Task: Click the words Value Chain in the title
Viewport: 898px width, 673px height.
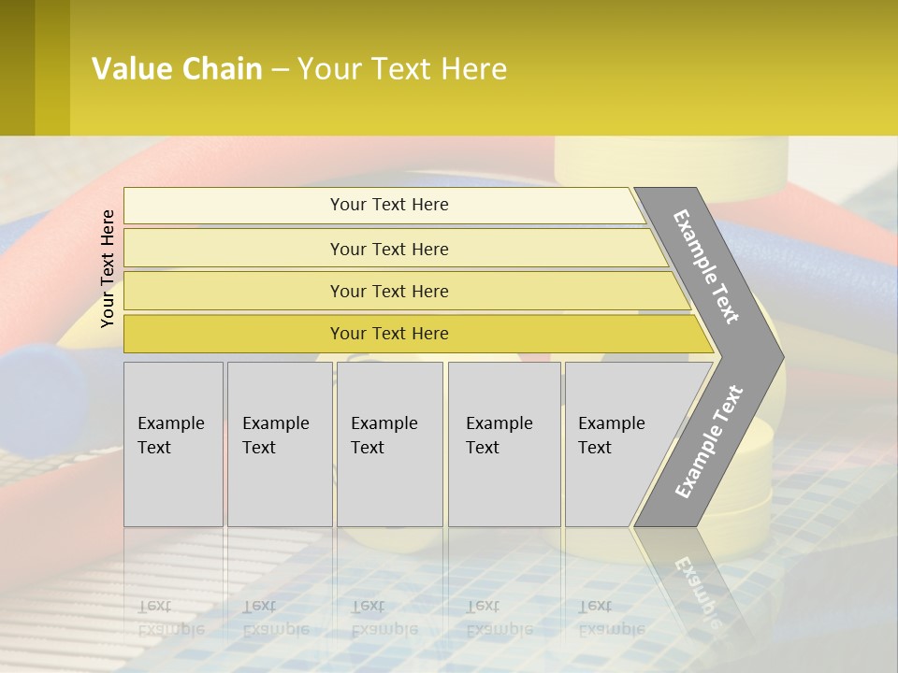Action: point(177,69)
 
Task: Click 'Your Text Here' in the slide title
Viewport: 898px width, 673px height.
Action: point(402,69)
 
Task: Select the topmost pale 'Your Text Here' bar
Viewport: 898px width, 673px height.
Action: point(389,205)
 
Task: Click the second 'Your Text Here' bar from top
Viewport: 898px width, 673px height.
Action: point(389,249)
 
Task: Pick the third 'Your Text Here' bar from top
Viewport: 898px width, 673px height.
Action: point(389,291)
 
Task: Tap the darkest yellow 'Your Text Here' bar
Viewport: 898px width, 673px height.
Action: point(389,334)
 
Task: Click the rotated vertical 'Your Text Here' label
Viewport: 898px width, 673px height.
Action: point(108,268)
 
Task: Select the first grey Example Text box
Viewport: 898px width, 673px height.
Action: point(173,444)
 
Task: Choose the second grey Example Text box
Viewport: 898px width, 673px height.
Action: point(280,444)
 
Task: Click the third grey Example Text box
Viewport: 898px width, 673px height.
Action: point(389,444)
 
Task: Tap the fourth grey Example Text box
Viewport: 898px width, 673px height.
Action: point(504,444)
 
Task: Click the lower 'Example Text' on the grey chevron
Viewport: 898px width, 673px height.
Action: point(709,441)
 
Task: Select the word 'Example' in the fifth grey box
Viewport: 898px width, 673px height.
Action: point(612,423)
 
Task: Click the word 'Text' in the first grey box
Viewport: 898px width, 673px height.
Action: point(154,448)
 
